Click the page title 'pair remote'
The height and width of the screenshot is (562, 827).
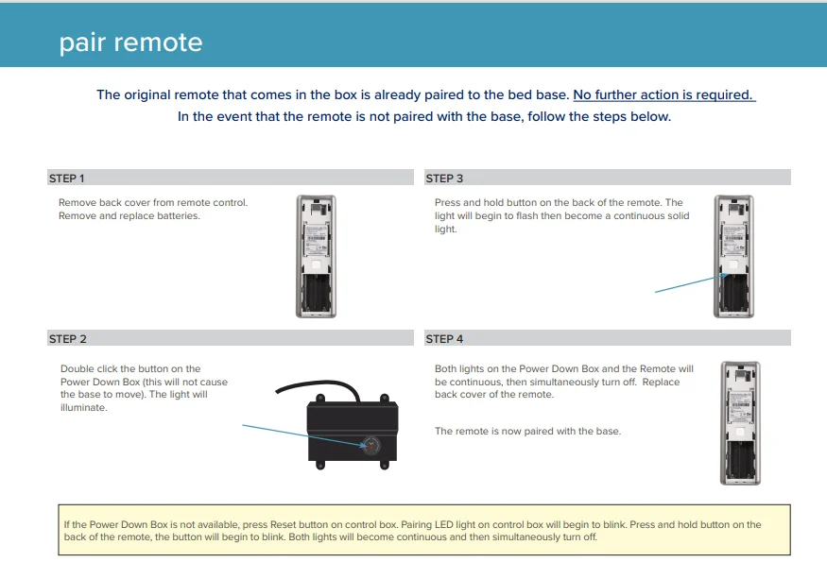(x=130, y=43)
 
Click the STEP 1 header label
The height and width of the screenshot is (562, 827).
(x=66, y=179)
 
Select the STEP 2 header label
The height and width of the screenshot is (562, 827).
(x=67, y=339)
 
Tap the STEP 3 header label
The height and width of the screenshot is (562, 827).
(x=444, y=179)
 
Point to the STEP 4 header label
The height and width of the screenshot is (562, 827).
(x=444, y=339)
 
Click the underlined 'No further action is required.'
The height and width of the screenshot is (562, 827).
(x=663, y=94)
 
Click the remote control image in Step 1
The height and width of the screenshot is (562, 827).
(x=317, y=255)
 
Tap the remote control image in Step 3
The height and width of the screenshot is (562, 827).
(x=734, y=255)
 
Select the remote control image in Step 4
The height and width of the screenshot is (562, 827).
(x=739, y=423)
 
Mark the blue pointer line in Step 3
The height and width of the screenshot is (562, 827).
(x=688, y=283)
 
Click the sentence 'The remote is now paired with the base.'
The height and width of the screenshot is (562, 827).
(x=527, y=432)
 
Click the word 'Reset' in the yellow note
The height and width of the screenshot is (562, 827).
(x=283, y=524)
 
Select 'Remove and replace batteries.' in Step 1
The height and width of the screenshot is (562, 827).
(x=129, y=216)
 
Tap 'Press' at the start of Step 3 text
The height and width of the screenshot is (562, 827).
(x=447, y=203)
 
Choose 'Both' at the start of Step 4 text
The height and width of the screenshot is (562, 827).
(x=446, y=369)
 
